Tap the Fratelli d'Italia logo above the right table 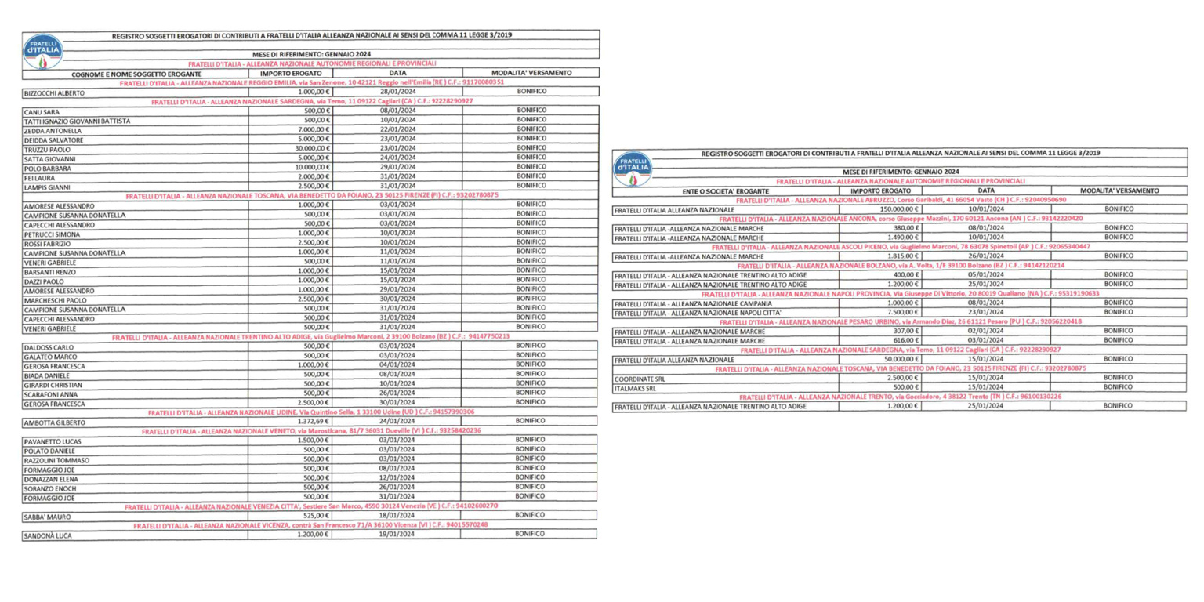[633, 168]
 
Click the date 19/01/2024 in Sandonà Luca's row [397, 535]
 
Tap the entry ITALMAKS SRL [635, 387]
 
